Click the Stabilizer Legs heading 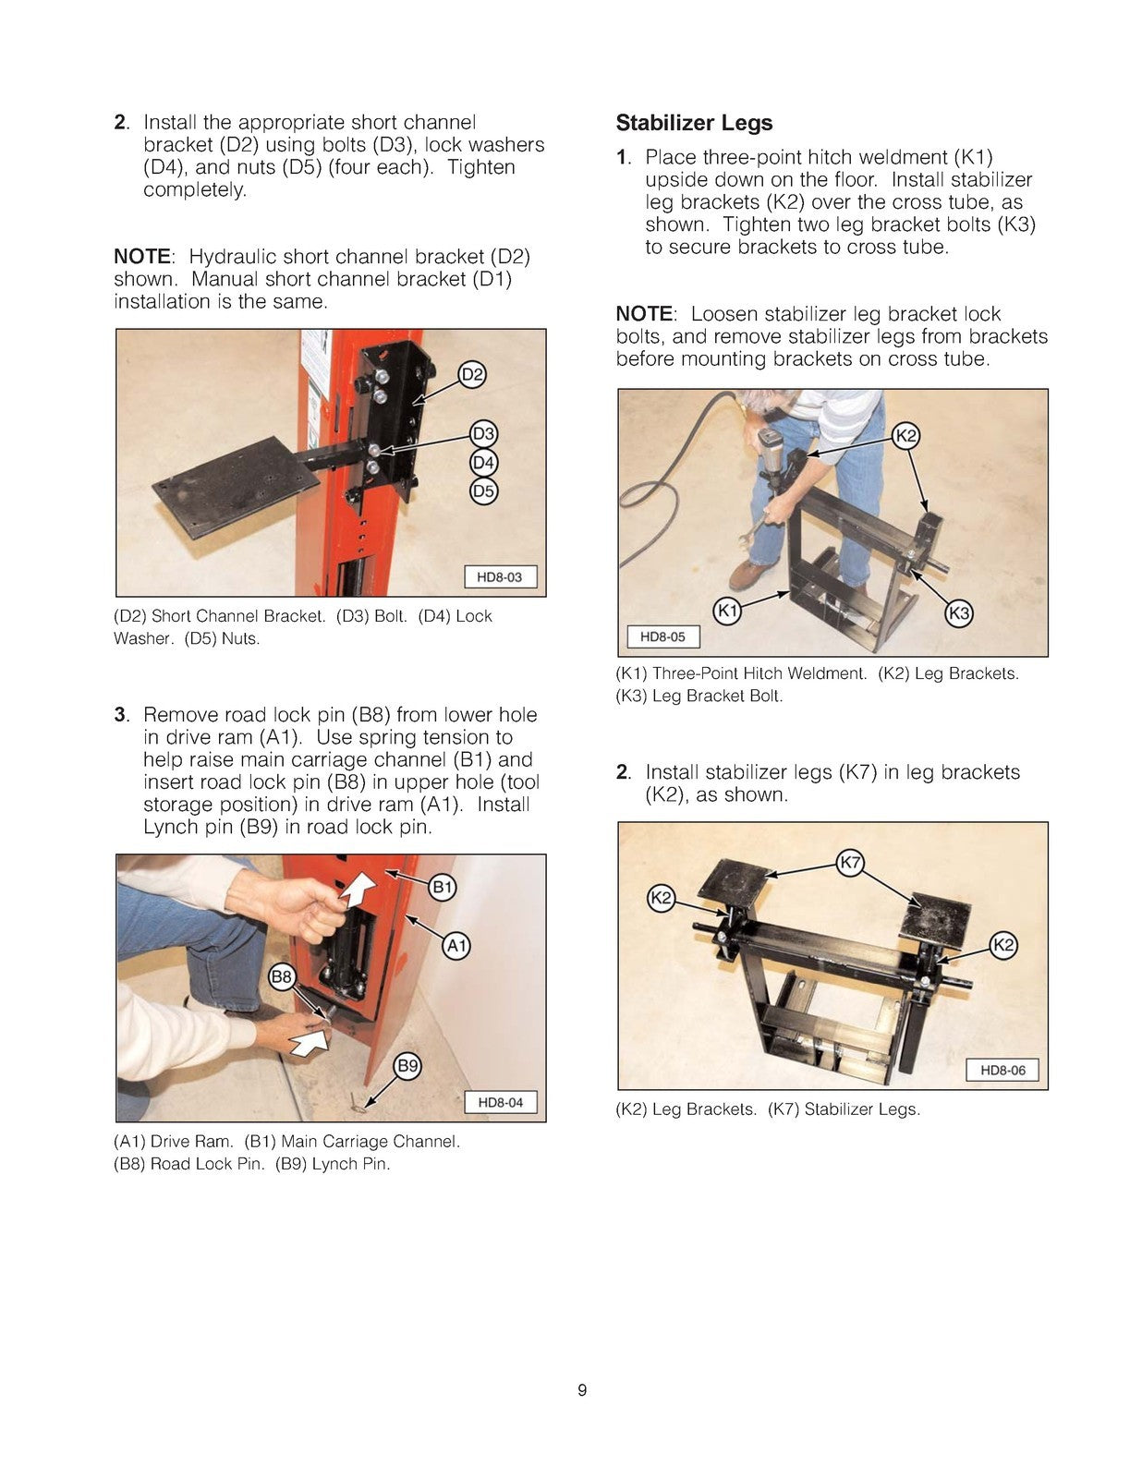[x=693, y=123]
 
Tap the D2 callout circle [x=472, y=374]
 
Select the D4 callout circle [x=483, y=462]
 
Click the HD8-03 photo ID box [x=499, y=577]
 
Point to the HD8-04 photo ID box [x=500, y=1102]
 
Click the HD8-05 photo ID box [x=662, y=636]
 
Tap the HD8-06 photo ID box [x=1002, y=1070]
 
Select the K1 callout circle [x=728, y=610]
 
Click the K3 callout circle [x=959, y=612]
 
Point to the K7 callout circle [x=850, y=863]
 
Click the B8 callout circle [x=282, y=976]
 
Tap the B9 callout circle [x=407, y=1066]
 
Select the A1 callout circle [x=456, y=945]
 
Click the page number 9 [x=581, y=1390]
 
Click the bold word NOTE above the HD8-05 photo [x=645, y=314]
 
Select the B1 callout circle [x=443, y=888]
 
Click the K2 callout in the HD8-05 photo [x=906, y=436]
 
